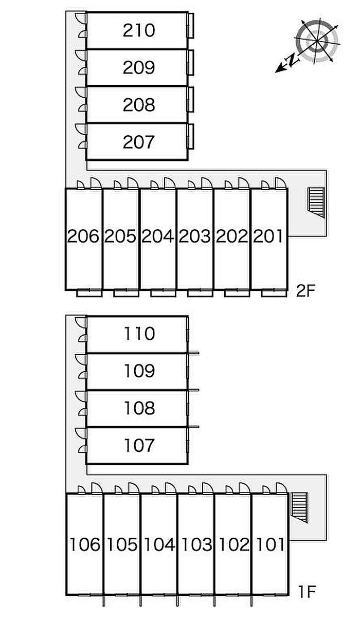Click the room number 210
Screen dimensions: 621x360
coord(139,30)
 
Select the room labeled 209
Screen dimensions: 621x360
coord(139,67)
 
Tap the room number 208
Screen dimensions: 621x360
coord(139,105)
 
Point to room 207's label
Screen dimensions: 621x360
coord(139,142)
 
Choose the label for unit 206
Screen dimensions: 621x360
coord(83,236)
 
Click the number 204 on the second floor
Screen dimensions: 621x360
coord(158,236)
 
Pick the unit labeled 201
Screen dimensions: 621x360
coord(268,236)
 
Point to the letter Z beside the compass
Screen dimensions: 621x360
coord(292,60)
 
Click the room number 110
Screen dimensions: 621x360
coord(139,334)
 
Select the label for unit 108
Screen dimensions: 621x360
coord(139,408)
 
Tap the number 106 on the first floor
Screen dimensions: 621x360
coord(85,544)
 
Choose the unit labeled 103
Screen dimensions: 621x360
coord(196,544)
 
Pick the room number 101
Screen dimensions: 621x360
coord(269,544)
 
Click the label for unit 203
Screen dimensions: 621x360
coord(195,236)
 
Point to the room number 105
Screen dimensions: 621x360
coord(122,544)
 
